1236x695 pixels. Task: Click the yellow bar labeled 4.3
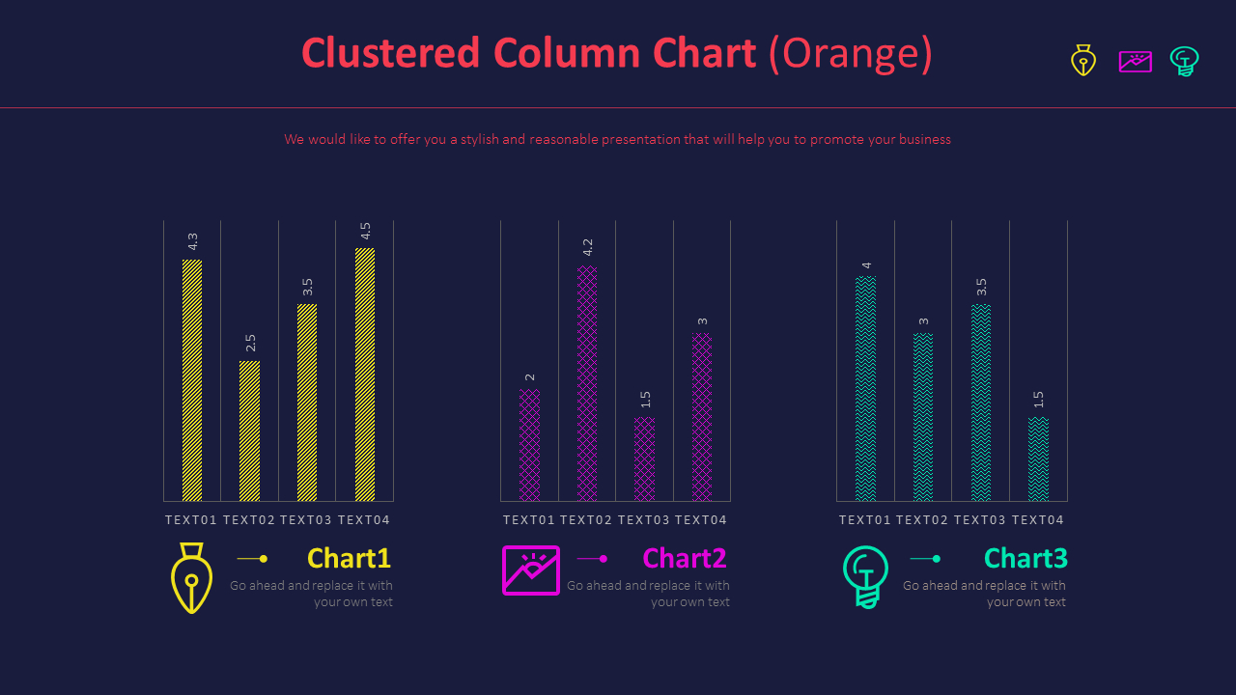(x=192, y=380)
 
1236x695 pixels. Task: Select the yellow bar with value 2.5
(x=249, y=431)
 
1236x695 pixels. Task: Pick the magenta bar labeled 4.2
(x=587, y=384)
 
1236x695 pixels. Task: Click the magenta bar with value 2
(x=529, y=445)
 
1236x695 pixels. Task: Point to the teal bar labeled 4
(x=865, y=389)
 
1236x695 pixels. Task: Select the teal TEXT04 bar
(x=1038, y=459)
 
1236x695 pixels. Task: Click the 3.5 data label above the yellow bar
(x=308, y=287)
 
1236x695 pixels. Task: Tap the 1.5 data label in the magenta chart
(x=645, y=400)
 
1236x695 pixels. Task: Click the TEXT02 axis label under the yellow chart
(x=249, y=520)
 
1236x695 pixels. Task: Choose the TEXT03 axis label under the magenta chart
(x=644, y=520)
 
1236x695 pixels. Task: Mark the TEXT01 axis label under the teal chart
(x=865, y=520)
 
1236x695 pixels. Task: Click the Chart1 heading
(x=349, y=558)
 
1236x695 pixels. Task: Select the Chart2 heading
(x=684, y=558)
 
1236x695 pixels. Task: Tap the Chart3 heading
(x=1025, y=558)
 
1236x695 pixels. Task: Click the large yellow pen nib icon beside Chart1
(x=191, y=577)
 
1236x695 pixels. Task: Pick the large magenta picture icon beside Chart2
(x=530, y=570)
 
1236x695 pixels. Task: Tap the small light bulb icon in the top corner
(x=1184, y=61)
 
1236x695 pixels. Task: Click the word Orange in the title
(x=851, y=53)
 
